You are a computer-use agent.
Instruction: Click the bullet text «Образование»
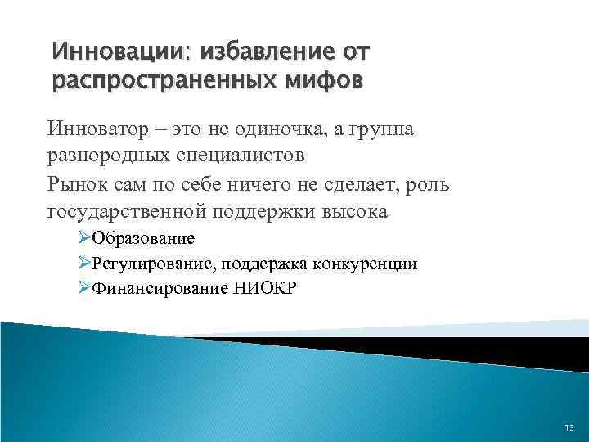coord(143,239)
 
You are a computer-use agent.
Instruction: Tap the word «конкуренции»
coord(364,264)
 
